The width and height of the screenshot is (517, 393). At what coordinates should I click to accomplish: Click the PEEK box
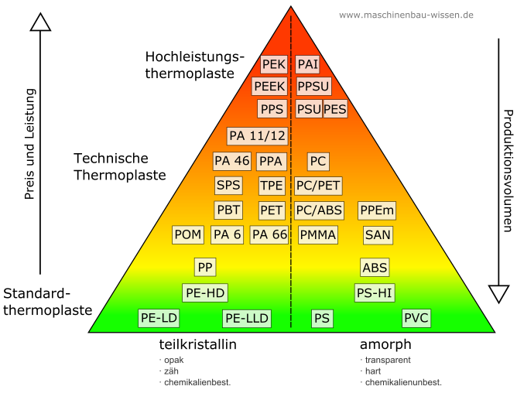pos(269,87)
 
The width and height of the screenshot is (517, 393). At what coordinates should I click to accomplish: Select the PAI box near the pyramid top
pos(307,64)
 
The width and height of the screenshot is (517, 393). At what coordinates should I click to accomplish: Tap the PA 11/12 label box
pos(257,136)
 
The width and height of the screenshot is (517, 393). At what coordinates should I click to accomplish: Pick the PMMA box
pos(318,234)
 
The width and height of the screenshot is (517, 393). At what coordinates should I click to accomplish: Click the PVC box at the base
pos(416,318)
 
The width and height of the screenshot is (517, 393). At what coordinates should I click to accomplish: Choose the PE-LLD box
pos(247,319)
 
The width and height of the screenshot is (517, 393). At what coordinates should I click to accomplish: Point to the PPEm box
pos(377,210)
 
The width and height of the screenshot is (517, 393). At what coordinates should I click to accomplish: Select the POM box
pos(188,234)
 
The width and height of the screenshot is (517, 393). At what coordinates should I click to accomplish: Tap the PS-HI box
pos(375,292)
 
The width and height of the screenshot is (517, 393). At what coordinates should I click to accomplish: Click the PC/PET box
pos(318,186)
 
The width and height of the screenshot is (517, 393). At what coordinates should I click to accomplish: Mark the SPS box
pos(228,186)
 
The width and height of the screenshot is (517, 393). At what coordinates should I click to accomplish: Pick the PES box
pos(335,109)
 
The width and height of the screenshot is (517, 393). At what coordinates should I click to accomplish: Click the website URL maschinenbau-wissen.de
pos(406,15)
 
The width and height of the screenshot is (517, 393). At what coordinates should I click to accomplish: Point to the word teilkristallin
pos(198,344)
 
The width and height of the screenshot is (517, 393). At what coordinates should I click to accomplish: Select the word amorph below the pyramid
pos(385,345)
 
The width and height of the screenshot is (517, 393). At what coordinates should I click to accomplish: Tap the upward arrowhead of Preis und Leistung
pos(40,22)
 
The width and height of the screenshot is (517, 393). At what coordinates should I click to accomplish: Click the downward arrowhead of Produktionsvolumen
pos(499,294)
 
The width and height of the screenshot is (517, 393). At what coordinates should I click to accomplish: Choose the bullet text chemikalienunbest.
pos(403,382)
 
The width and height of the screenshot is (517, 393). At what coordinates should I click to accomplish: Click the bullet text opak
pos(174,361)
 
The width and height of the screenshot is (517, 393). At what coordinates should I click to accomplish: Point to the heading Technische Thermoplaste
pos(120,166)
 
